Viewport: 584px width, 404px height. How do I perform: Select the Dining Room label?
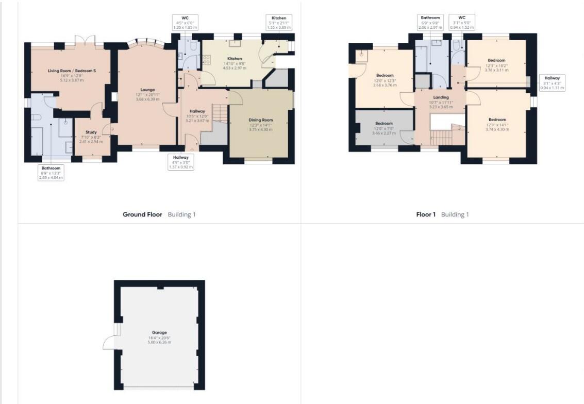(261, 120)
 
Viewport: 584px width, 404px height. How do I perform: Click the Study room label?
(91, 132)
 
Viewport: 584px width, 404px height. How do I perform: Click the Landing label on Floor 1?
(441, 97)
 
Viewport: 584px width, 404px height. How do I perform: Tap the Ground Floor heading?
(142, 214)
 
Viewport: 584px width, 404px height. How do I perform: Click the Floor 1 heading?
(426, 214)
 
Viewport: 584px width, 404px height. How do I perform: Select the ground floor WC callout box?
(185, 22)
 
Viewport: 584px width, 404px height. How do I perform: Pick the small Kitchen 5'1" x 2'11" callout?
(279, 23)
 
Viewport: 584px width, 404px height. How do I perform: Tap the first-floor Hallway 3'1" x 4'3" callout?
(553, 83)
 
